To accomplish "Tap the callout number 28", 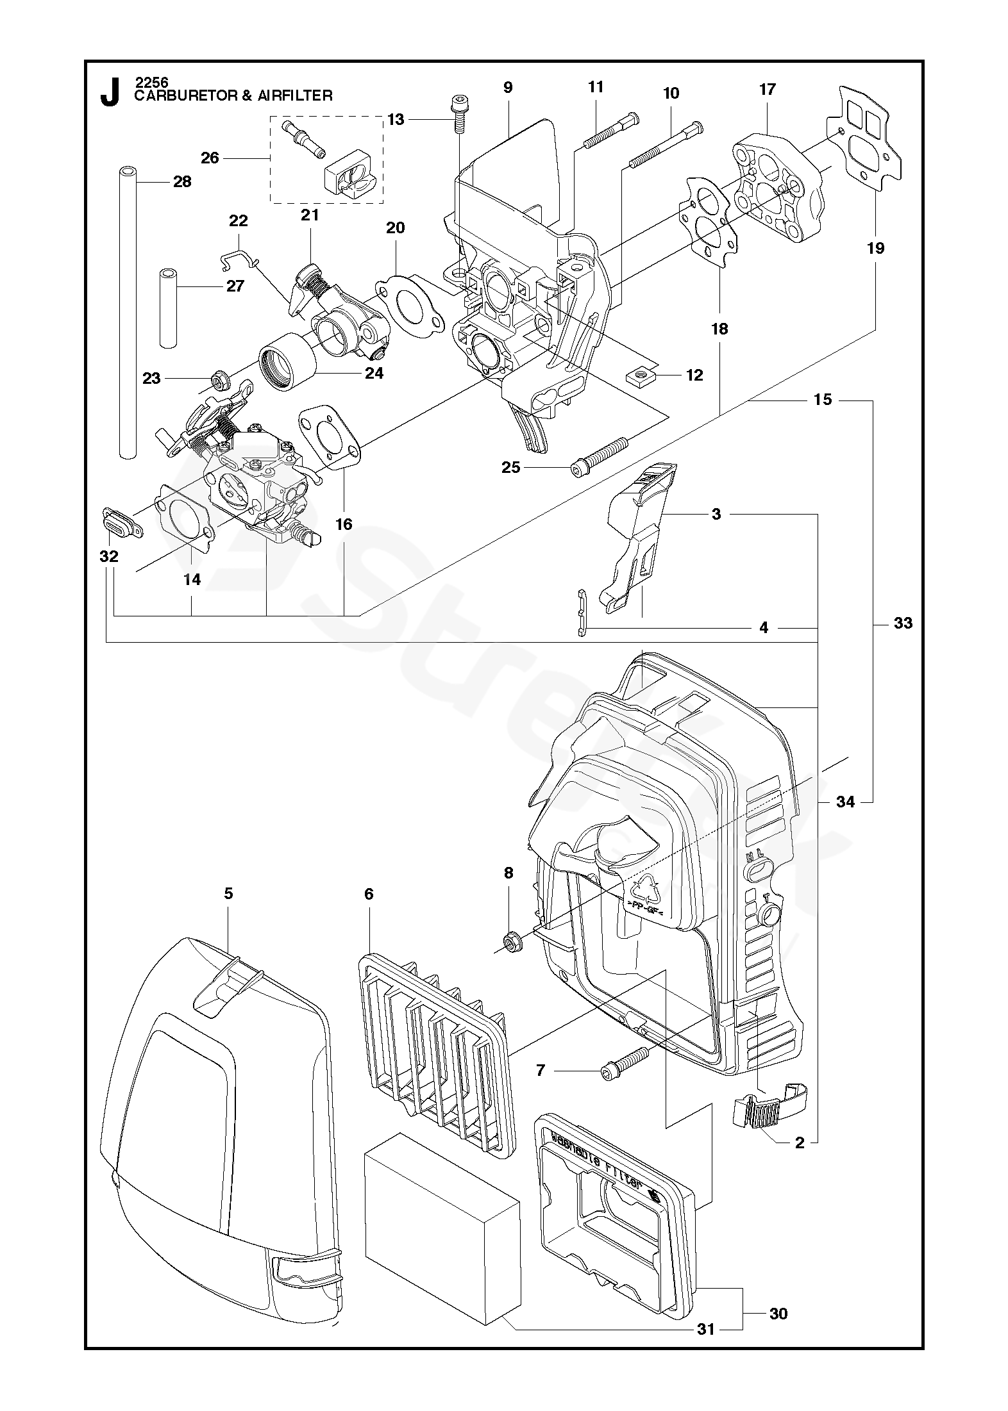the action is (182, 182).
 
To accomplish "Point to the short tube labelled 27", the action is (168, 308).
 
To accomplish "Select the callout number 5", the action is (229, 893).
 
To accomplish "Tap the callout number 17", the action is (768, 90).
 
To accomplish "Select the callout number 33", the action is (903, 623).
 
